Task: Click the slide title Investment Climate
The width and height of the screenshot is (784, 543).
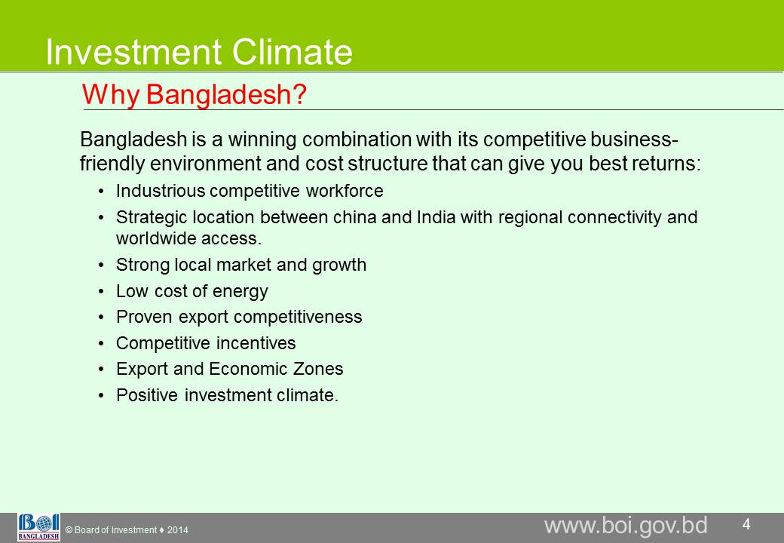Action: tap(199, 51)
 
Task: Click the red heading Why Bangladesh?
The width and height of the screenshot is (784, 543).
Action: tap(194, 94)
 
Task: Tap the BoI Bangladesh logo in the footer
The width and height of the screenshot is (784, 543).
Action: tap(38, 527)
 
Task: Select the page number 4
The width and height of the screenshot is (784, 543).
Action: tap(746, 524)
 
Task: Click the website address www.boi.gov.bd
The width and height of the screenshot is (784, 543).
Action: tap(626, 526)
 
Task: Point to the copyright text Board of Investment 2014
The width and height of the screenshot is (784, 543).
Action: tap(127, 530)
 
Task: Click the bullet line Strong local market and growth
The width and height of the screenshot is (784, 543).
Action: tap(241, 265)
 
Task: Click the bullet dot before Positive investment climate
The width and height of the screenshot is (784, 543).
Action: tap(102, 395)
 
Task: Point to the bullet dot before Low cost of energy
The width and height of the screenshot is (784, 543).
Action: tap(102, 292)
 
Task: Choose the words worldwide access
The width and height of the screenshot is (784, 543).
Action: tap(189, 238)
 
